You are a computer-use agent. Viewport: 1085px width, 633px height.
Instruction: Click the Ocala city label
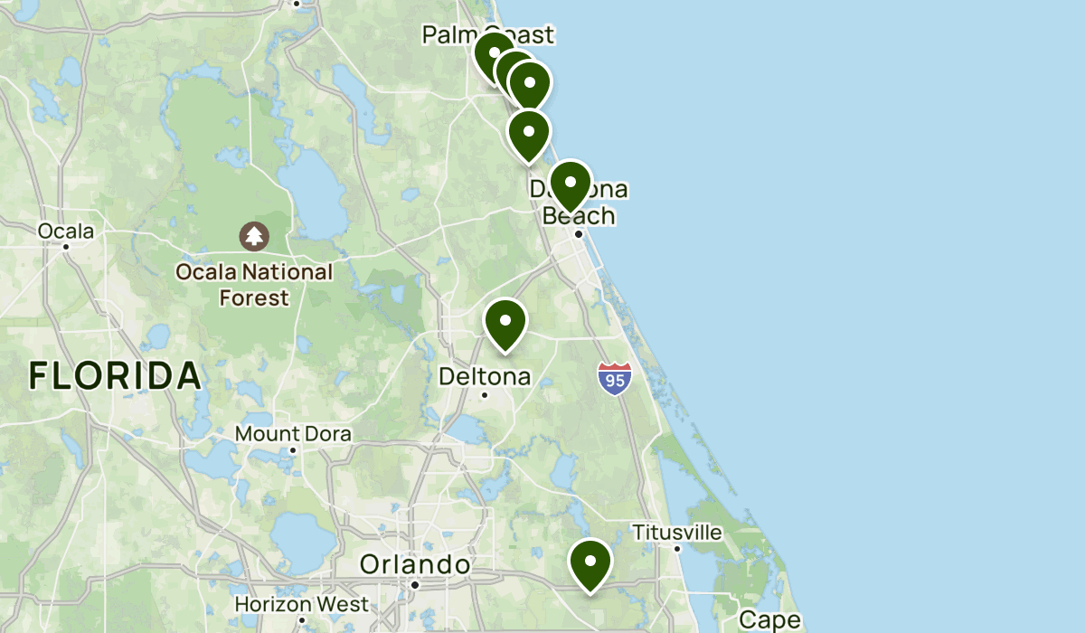65,231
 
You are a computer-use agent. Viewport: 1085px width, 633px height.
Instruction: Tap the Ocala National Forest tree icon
254,237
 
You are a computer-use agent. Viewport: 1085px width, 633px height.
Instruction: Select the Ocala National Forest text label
255,284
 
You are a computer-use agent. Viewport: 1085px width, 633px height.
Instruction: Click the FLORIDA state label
114,375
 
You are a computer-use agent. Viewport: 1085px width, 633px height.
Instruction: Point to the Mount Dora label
293,434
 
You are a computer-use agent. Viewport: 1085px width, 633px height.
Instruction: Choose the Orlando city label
415,565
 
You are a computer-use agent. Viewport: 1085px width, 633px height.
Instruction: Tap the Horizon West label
302,604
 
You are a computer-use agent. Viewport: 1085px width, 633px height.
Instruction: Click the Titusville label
677,532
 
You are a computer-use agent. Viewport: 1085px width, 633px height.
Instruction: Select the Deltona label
485,375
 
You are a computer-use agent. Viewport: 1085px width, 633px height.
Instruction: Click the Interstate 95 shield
615,377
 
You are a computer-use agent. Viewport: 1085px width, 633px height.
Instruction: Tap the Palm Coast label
487,35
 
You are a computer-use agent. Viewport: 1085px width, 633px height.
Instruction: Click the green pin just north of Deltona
505,323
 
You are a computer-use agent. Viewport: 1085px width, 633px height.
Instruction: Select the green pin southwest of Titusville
590,563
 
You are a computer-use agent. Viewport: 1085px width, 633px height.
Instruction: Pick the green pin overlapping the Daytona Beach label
571,184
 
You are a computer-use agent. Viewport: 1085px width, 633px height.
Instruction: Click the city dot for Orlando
415,585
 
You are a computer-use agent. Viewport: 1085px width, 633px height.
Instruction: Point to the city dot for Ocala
66,246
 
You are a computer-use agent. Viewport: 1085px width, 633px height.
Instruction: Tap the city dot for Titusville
677,548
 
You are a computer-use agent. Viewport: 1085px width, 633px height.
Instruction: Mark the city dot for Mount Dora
293,449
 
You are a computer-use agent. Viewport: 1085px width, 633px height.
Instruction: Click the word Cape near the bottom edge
769,620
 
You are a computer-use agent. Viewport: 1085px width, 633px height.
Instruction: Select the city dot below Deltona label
485,394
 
